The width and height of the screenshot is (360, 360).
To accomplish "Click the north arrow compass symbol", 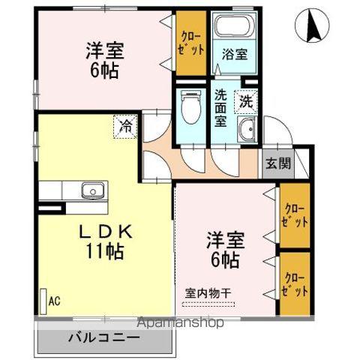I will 315,28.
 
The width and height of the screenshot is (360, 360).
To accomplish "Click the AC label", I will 54,301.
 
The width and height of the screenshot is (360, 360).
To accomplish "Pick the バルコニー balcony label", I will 104,337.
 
